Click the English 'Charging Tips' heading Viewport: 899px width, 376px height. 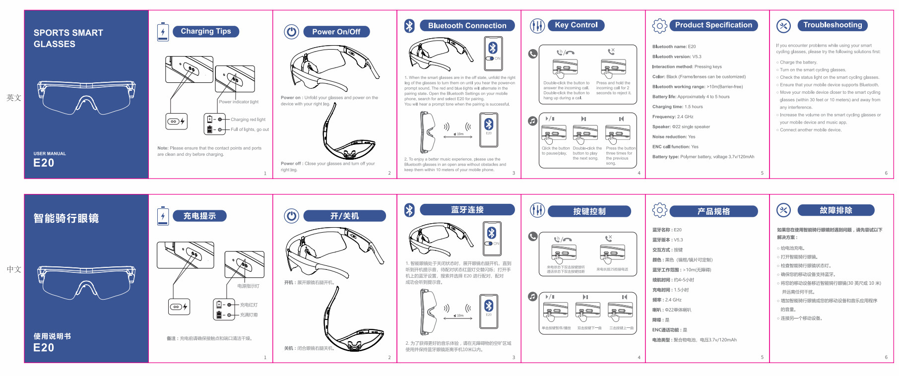coord(205,31)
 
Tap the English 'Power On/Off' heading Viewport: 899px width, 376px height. coord(336,32)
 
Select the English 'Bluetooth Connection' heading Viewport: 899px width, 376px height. coord(467,26)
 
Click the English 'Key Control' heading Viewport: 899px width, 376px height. coord(576,25)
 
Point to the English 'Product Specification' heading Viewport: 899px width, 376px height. coord(713,25)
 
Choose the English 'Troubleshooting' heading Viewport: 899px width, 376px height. coord(833,25)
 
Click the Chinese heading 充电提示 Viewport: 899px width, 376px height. coord(199,216)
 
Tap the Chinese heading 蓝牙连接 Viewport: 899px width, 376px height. coord(467,210)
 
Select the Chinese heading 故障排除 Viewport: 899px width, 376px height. coord(835,210)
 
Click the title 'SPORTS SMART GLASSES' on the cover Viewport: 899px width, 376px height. coord(68,38)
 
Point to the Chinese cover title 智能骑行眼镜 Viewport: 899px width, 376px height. coord(66,218)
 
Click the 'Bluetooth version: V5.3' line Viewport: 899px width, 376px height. coord(677,57)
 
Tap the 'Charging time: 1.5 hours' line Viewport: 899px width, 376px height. coord(677,107)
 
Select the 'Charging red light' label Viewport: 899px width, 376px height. coord(248,120)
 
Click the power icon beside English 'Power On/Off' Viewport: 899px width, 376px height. coord(291,32)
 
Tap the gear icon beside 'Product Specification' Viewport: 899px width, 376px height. coord(659,26)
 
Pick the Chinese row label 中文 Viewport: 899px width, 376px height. coord(14,269)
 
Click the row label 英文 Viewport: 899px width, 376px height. coord(14,98)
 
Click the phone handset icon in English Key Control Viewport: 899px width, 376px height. coord(533,54)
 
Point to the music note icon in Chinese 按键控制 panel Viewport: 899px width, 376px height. coord(533,296)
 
